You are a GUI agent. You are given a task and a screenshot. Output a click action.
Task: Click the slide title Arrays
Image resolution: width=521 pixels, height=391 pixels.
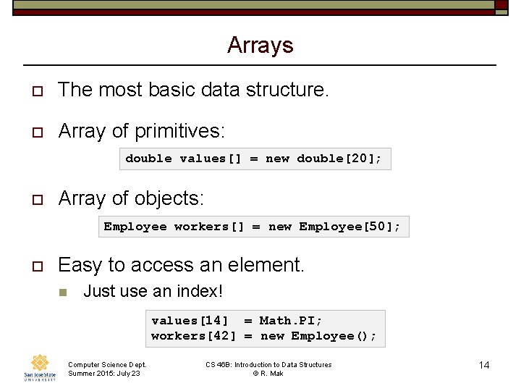click(x=260, y=45)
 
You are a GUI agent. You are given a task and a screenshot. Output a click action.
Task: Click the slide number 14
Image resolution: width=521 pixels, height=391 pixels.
click(x=484, y=365)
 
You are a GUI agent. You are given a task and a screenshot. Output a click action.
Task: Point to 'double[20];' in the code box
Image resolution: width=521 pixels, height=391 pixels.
click(x=339, y=159)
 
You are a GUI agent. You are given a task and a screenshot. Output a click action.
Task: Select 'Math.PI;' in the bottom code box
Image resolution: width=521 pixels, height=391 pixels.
click(x=291, y=320)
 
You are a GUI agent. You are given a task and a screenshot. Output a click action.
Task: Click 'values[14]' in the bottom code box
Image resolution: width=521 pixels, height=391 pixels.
click(x=190, y=320)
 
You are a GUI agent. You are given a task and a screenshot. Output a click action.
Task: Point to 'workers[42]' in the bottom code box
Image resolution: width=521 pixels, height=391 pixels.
click(x=193, y=336)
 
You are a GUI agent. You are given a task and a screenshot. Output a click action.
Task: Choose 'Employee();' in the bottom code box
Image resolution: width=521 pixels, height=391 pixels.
click(x=334, y=336)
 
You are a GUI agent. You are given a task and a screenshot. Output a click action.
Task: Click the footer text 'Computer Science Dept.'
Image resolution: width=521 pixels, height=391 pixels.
click(x=107, y=365)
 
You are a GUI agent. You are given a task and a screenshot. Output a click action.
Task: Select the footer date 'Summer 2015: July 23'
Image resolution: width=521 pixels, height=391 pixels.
click(x=104, y=374)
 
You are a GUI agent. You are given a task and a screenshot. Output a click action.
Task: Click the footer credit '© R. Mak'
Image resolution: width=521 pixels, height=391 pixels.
click(x=268, y=374)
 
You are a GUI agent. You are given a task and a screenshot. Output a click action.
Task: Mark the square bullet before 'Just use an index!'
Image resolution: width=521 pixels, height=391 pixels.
click(x=62, y=292)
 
